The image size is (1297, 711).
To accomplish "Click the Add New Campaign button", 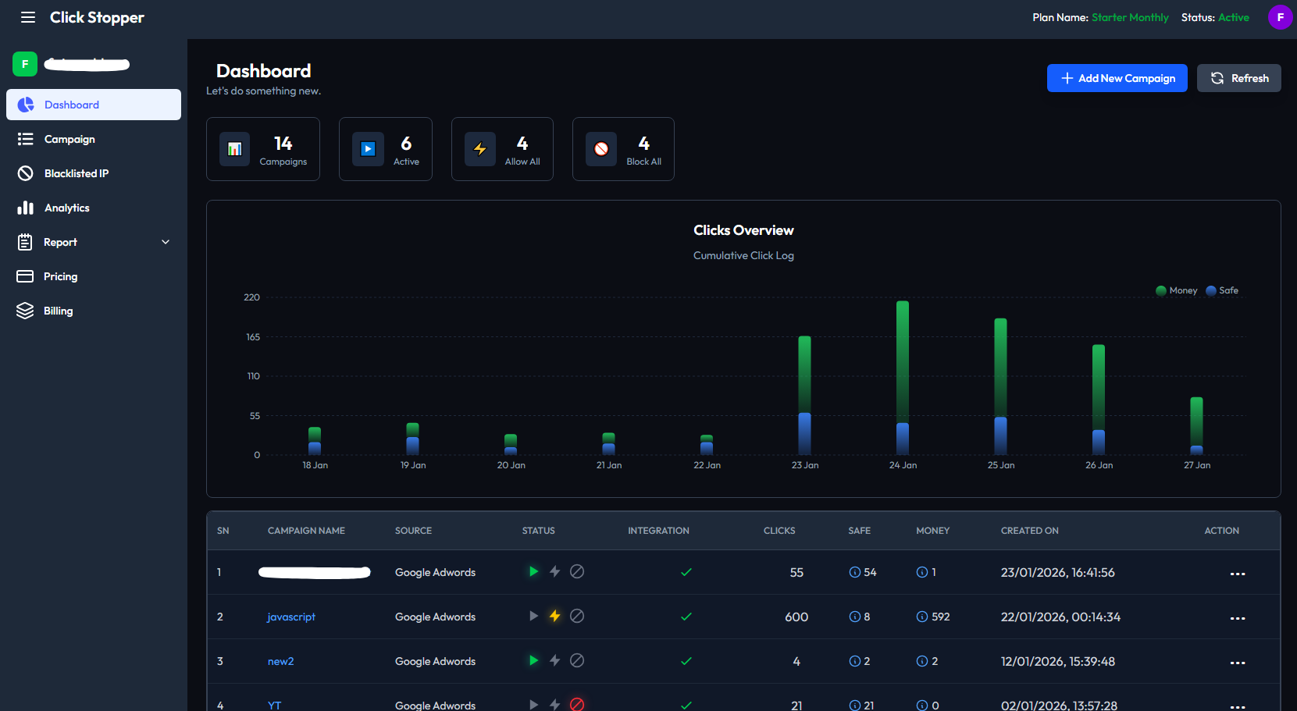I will [x=1117, y=78].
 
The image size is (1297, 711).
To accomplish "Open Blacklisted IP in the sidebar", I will [x=76, y=173].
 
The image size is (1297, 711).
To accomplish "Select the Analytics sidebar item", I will [x=66, y=208].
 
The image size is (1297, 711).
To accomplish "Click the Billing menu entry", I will [x=58, y=311].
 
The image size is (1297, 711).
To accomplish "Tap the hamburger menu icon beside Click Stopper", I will [x=28, y=17].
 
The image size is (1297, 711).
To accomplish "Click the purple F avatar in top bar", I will [x=1280, y=17].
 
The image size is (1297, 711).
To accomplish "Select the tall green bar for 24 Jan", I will [x=903, y=359].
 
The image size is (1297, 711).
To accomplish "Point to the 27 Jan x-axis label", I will [x=1196, y=465].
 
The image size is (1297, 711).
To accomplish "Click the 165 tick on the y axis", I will [x=253, y=337].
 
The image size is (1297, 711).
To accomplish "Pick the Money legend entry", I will [x=1177, y=290].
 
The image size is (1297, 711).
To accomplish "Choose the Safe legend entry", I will [x=1223, y=290].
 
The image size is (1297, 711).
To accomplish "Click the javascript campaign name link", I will [x=291, y=617].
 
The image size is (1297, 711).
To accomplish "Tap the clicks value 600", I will [x=796, y=617].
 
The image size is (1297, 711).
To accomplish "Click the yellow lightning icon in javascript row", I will [x=554, y=616].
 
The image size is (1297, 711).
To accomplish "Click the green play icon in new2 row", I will [x=533, y=660].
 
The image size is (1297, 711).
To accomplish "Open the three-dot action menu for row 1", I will [x=1237, y=574].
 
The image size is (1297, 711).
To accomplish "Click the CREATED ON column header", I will [x=1029, y=531].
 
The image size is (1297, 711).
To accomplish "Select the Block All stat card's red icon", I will [x=601, y=149].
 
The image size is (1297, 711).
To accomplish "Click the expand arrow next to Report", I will [x=166, y=242].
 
